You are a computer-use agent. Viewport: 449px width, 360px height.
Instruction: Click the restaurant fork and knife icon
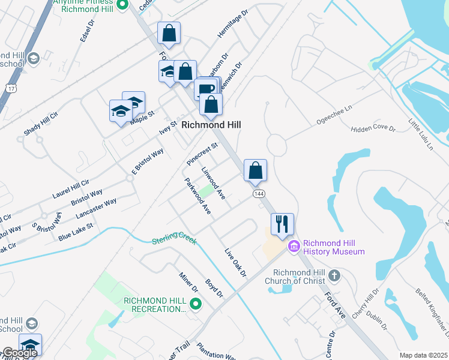click(282, 224)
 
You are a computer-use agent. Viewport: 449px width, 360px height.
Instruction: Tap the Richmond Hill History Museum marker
click(294, 247)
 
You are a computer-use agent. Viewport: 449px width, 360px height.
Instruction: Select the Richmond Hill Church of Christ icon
click(334, 277)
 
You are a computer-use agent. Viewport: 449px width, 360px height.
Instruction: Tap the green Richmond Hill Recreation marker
click(194, 305)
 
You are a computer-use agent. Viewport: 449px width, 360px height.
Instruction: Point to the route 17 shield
click(10, 88)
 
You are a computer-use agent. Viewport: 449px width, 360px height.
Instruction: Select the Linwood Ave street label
click(213, 183)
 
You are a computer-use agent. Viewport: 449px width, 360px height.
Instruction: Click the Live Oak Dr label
click(235, 263)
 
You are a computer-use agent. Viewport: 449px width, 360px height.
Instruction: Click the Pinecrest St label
click(202, 154)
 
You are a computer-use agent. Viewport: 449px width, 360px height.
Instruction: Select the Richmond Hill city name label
click(211, 125)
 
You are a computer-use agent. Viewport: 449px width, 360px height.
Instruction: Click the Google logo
click(20, 353)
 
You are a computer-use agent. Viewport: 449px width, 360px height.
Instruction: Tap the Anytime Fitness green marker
click(122, 5)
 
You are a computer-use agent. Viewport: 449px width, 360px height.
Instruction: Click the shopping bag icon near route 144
click(255, 170)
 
